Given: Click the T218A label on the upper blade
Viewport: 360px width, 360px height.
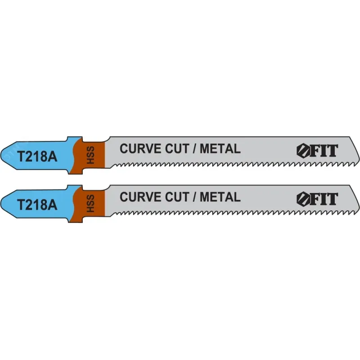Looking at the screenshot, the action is (37, 157).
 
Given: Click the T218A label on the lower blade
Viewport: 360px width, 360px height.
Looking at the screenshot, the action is (37, 205).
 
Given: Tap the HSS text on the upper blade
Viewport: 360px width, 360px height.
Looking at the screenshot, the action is (91, 155).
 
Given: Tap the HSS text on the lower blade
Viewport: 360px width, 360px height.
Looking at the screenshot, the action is (91, 203).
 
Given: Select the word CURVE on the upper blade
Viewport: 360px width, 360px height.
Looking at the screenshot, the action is (140, 148).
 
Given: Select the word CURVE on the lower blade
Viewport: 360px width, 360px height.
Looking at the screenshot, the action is (140, 197).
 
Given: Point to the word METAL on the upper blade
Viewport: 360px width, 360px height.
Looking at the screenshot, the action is (220, 148).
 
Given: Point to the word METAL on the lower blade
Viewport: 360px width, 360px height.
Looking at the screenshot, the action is (220, 197).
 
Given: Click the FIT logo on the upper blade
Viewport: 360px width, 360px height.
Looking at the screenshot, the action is (317, 151).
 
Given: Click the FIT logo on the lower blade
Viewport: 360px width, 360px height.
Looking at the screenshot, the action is (317, 199).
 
